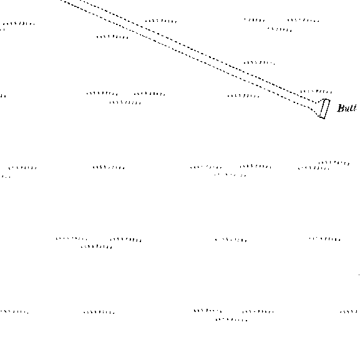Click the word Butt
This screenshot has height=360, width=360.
click(x=347, y=108)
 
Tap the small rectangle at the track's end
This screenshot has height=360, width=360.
click(x=325, y=109)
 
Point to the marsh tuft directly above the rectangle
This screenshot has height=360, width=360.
click(x=316, y=92)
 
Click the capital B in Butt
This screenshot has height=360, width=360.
click(x=341, y=108)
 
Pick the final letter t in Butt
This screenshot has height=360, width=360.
click(x=354, y=108)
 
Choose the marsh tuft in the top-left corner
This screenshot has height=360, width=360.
click(x=19, y=24)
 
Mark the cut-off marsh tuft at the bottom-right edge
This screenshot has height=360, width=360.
click(x=349, y=311)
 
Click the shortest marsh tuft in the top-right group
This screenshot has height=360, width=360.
click(x=255, y=20)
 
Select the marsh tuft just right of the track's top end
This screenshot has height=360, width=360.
click(x=161, y=21)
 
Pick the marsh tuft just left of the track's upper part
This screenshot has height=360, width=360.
click(x=112, y=37)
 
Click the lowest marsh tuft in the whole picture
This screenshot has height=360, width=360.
click(x=231, y=319)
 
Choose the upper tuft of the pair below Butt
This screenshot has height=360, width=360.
click(x=334, y=163)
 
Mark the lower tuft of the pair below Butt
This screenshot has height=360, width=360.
click(x=314, y=168)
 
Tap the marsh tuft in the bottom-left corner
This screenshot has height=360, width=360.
click(x=14, y=311)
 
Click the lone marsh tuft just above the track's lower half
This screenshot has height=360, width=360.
click(x=260, y=62)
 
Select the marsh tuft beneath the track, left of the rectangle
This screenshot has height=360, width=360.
click(x=243, y=95)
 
